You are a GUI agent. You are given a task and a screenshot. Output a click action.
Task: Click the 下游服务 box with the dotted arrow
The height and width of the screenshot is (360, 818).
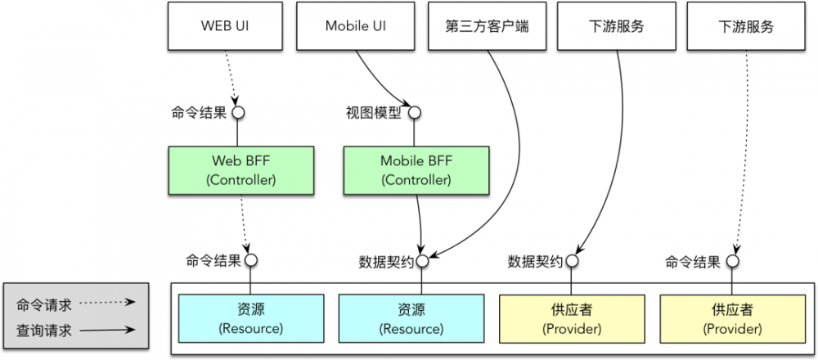[745, 26]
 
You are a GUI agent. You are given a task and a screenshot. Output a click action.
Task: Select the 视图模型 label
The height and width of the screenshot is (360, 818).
[374, 113]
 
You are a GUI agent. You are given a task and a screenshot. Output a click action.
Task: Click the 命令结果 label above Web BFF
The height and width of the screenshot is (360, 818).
[197, 113]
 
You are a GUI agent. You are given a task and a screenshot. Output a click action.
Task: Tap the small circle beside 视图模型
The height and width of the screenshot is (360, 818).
[415, 112]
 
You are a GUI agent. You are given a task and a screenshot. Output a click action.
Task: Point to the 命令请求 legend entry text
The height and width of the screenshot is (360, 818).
[44, 304]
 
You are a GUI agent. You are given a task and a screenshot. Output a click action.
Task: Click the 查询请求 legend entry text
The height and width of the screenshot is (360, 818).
[44, 331]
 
